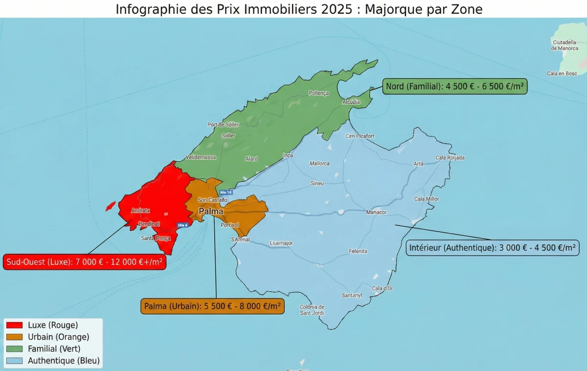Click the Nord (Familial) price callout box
[455, 87]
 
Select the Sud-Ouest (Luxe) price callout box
[84, 262]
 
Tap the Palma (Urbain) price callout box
[212, 306]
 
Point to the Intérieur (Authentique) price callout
[493, 247]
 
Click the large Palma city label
[211, 212]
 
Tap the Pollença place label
[319, 93]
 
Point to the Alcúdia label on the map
[351, 102]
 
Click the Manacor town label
[376, 212]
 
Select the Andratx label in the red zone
[141, 211]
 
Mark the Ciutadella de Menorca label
[564, 45]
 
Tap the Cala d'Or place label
[382, 288]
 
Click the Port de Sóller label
[223, 125]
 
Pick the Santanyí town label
[352, 295]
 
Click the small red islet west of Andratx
[111, 206]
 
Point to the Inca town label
[288, 155]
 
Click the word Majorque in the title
[390, 9]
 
